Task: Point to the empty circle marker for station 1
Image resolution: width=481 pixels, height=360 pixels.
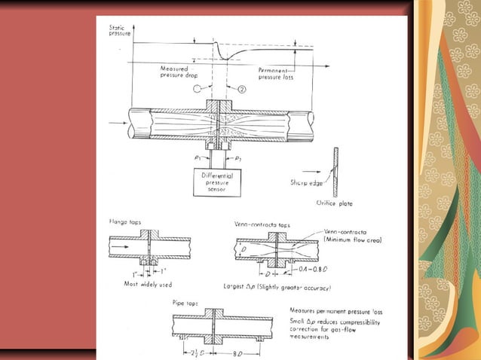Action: pos(198,89)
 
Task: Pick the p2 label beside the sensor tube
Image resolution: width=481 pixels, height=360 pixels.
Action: pos(239,160)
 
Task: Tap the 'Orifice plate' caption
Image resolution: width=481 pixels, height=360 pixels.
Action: pos(332,202)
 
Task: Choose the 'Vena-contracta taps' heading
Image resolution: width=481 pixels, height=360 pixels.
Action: pos(263,224)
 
